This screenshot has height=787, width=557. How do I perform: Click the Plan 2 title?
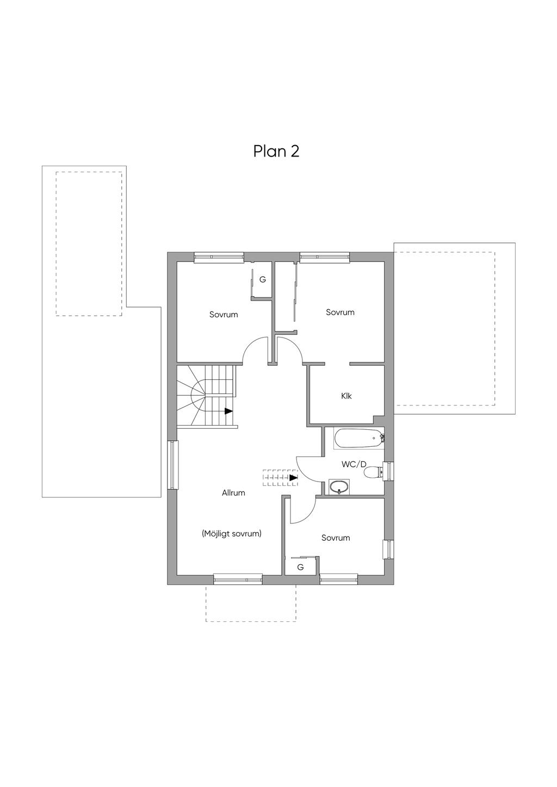tap(276, 152)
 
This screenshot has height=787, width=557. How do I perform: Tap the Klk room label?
tap(346, 396)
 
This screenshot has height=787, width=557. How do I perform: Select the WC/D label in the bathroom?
tap(354, 464)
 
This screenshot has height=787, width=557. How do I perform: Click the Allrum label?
tap(233, 493)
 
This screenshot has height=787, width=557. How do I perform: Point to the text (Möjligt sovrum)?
tap(232, 534)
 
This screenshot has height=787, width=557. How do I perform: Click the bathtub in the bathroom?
tap(358, 439)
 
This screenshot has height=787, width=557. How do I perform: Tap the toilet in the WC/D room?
tap(373, 472)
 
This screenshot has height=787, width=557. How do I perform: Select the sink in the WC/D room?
tap(339, 486)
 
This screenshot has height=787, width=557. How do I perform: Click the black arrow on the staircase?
tap(228, 411)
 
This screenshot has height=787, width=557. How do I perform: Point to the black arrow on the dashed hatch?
tap(293, 477)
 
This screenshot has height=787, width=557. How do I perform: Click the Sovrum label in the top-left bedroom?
tap(224, 315)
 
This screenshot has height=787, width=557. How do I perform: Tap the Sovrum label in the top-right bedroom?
tap(340, 312)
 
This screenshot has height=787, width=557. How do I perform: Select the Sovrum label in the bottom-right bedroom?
tap(336, 538)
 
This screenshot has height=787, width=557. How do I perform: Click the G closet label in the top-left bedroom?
tap(263, 280)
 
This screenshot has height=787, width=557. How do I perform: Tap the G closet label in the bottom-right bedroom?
tap(300, 567)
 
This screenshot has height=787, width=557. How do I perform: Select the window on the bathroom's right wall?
tap(389, 470)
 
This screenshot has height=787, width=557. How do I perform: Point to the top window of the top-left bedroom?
tap(219, 257)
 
